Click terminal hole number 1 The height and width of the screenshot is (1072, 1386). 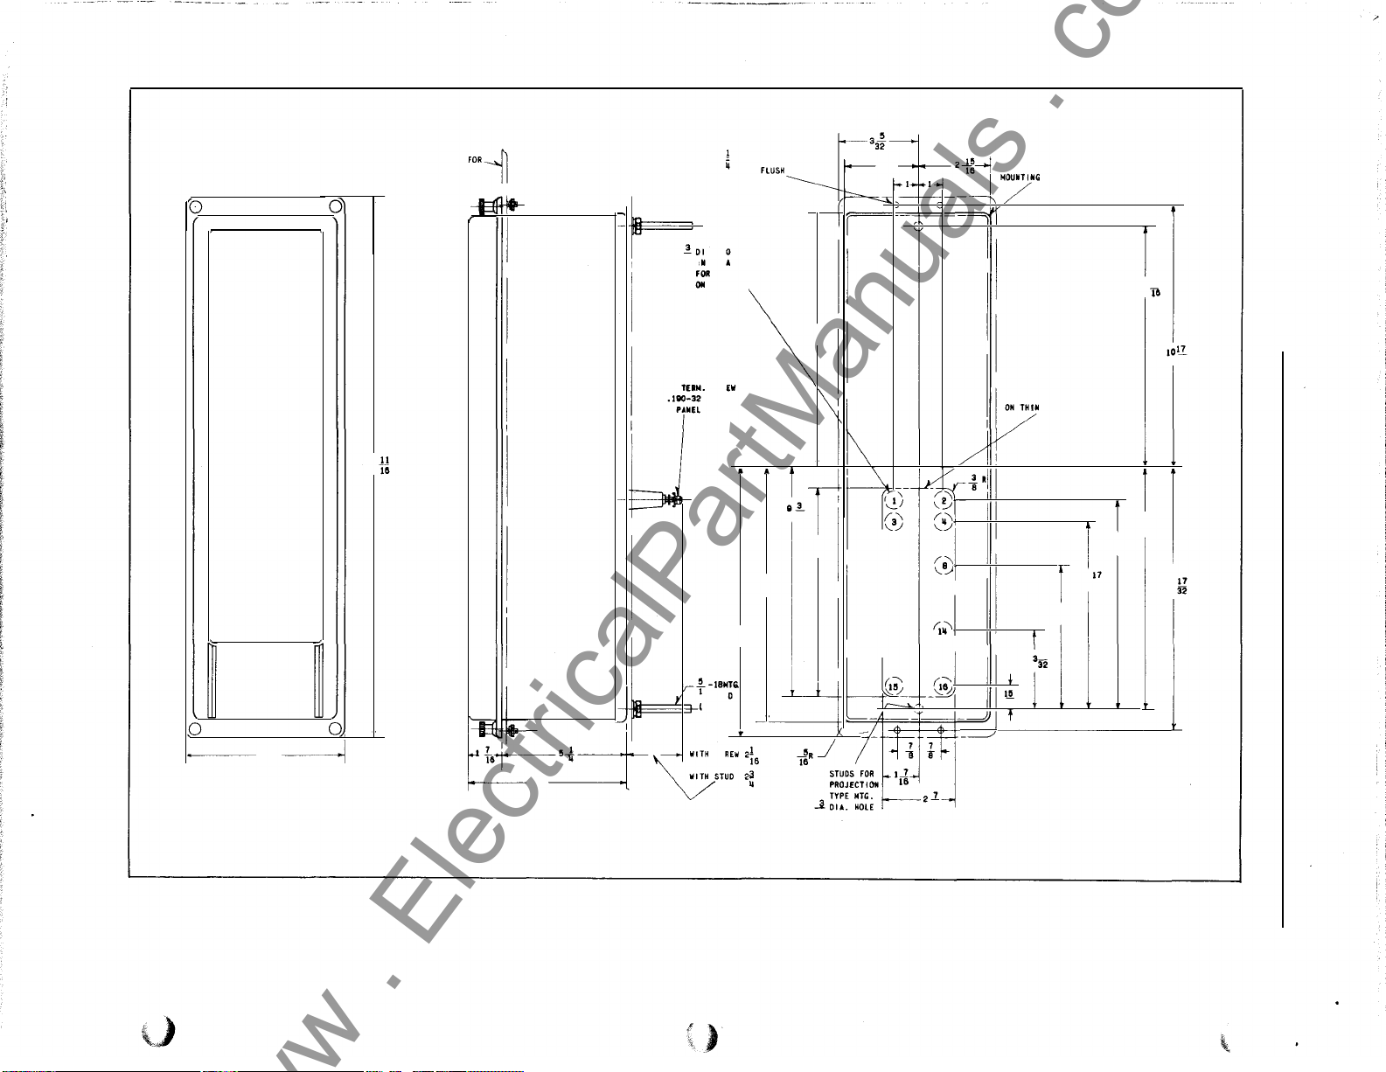click(893, 500)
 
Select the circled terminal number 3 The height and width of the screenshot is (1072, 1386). click(893, 522)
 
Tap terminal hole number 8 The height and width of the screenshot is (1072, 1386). click(944, 566)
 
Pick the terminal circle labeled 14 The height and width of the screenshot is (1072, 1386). click(943, 630)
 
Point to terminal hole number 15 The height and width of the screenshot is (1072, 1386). click(893, 687)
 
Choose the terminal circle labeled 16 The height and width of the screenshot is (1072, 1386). click(943, 687)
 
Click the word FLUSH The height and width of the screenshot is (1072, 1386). click(772, 171)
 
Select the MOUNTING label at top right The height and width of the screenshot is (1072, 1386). click(1020, 178)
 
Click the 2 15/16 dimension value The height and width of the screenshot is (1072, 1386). click(965, 164)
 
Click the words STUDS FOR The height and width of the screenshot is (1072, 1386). click(851, 774)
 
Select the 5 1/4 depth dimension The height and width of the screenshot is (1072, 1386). click(567, 754)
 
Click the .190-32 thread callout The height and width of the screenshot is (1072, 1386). click(683, 399)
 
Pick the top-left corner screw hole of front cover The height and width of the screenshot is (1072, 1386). click(196, 207)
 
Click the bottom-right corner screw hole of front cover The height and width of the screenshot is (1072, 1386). click(334, 730)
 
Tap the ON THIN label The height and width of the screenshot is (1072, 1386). click(1021, 408)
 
